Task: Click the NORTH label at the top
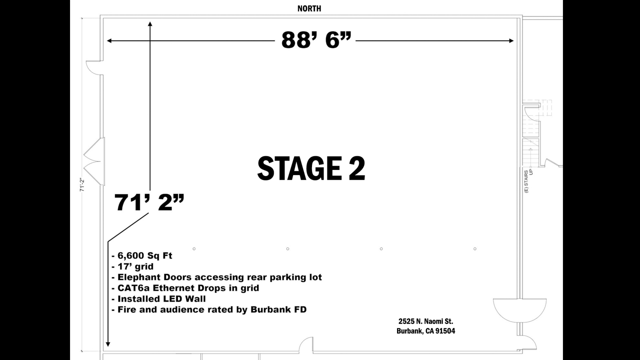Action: (309, 8)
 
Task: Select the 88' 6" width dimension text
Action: (316, 40)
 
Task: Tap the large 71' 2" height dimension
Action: (149, 202)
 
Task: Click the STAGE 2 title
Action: (311, 168)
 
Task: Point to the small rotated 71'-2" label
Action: (82, 185)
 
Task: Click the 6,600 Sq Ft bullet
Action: (142, 255)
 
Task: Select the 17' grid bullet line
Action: (132, 266)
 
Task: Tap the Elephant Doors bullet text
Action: (217, 277)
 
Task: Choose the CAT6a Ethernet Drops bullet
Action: (185, 288)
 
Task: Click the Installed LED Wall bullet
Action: (158, 299)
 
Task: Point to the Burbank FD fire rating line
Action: (209, 309)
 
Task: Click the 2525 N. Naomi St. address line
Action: (425, 321)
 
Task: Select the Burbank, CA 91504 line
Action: (425, 331)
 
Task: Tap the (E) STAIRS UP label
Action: (528, 181)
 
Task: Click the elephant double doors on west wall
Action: (94, 161)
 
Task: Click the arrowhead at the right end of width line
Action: (511, 41)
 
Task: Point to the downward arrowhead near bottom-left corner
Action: (108, 344)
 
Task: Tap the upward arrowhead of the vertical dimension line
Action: (150, 24)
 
